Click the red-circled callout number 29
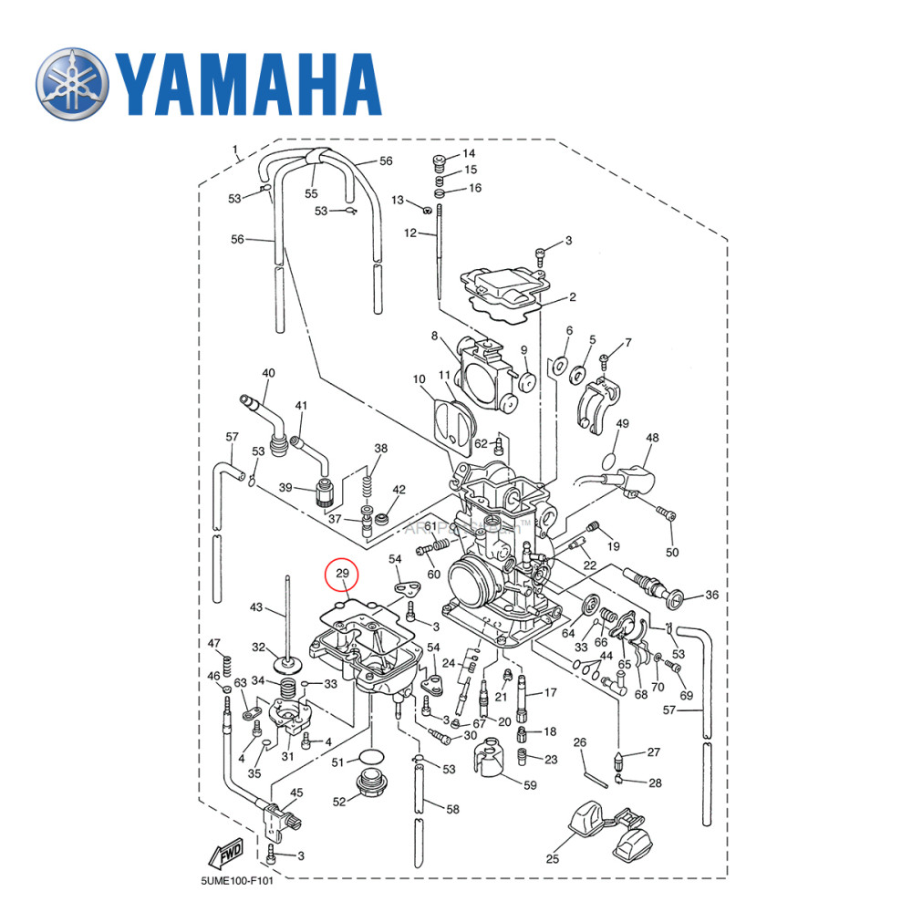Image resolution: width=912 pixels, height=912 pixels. click(x=344, y=574)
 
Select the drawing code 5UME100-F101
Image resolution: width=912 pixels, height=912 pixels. click(x=237, y=882)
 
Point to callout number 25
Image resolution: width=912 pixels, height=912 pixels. click(x=553, y=858)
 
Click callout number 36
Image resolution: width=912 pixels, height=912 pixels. click(x=711, y=596)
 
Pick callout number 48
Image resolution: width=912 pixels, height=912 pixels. click(x=650, y=438)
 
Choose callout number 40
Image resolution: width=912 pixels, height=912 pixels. click(x=268, y=373)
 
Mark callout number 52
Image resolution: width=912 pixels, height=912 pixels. click(x=339, y=802)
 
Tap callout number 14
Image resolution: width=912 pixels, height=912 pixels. click(x=469, y=153)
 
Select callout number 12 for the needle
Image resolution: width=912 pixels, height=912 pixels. click(x=410, y=233)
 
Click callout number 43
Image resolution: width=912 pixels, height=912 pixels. click(x=256, y=607)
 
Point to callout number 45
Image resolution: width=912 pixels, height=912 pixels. click(x=296, y=793)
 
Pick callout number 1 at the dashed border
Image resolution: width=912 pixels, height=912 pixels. click(x=234, y=149)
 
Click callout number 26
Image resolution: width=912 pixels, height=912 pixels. click(x=578, y=741)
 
